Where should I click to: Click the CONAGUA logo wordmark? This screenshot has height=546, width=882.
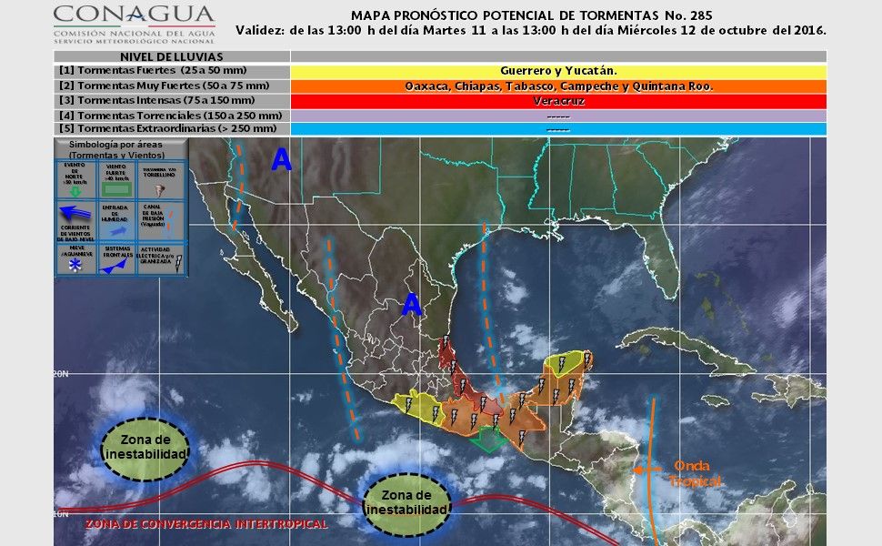(134, 15)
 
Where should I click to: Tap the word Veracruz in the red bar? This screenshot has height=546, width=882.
(558, 101)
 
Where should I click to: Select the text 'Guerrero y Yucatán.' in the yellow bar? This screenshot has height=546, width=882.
(558, 70)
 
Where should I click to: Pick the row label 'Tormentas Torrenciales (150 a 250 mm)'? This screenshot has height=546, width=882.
(170, 116)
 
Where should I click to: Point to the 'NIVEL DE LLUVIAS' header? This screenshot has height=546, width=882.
(171, 56)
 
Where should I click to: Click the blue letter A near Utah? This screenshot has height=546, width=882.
(282, 160)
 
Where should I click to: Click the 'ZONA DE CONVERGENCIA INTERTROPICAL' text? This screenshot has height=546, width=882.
(206, 525)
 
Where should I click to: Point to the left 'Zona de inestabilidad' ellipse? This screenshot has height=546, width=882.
(145, 447)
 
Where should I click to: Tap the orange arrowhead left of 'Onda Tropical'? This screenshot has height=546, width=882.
(640, 470)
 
